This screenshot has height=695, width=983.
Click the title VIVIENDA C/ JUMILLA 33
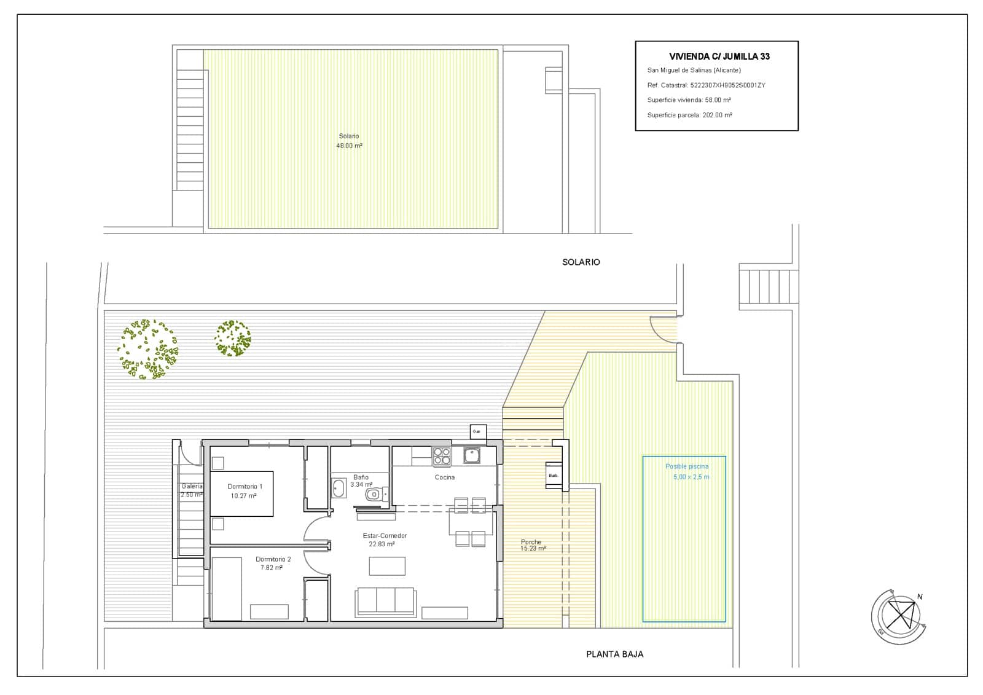pos(719,57)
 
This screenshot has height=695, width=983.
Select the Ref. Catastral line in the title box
pos(706,85)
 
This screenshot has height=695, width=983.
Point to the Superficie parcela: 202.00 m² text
pos(689,115)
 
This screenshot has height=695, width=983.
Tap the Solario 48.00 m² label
pos(349,141)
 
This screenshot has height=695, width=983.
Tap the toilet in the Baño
pos(373,494)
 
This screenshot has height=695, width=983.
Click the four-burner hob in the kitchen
pos(442,456)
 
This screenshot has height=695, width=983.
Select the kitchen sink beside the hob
pos(472,455)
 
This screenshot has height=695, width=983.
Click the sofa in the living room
pos(385,601)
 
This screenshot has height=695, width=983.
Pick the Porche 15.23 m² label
pos(532,545)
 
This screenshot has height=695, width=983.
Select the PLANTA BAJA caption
pos(614,654)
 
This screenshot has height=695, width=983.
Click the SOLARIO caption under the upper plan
pos(581,262)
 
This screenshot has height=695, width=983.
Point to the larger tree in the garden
pos(148,348)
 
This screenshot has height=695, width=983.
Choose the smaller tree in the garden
pos(233,338)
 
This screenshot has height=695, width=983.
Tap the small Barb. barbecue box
pos(554,476)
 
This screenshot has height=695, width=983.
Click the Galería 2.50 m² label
pos(192,490)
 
